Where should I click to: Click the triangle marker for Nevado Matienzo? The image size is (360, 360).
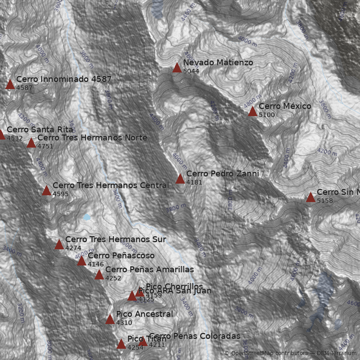tap(177, 68)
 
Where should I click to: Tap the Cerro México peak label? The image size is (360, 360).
tap(285, 106)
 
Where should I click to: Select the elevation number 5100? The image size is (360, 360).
tap(266, 115)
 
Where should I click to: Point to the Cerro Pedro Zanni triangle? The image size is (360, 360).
tap(180, 179)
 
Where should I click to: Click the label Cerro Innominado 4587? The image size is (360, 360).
tap(64, 80)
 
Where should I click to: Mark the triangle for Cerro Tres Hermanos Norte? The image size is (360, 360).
tap(31, 143)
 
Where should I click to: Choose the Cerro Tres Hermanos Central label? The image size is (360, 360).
tap(111, 185)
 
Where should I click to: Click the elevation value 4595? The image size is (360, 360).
tap(60, 194)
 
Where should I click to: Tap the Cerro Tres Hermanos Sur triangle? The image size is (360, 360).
tap(59, 244)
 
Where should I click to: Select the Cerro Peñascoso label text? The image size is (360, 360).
tap(121, 256)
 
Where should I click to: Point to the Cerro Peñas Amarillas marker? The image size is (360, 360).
tap(99, 275)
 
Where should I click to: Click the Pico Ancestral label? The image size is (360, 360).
tap(144, 314)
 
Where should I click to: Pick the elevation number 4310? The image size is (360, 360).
tap(124, 323)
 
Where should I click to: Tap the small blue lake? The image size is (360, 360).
tap(86, 217)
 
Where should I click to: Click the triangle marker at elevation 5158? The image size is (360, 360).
tap(310, 198)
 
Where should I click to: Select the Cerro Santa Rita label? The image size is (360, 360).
tap(40, 130)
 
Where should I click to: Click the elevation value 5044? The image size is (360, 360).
tap(191, 72)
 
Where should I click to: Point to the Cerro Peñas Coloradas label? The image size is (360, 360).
tap(194, 336)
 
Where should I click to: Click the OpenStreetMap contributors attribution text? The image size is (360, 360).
tap(266, 353)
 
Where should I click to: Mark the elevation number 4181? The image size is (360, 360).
tap(194, 183)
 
